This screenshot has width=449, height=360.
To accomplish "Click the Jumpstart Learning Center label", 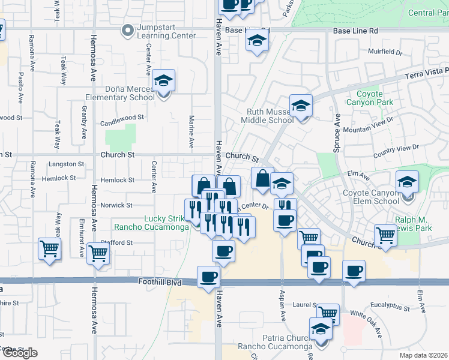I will coord(166,31).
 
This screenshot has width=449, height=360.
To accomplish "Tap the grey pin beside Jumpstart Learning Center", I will coord(127,29).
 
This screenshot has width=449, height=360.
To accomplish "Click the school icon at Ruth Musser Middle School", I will coord(301,106).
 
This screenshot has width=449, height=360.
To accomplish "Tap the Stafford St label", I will coord(117,242).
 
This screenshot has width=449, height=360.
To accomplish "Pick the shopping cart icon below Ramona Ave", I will coord(49,248).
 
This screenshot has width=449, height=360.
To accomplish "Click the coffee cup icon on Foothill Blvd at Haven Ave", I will coord(208,277).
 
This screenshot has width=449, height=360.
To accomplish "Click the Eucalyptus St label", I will coord(390,309).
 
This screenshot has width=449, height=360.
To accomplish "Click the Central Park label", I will coord(429,13).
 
